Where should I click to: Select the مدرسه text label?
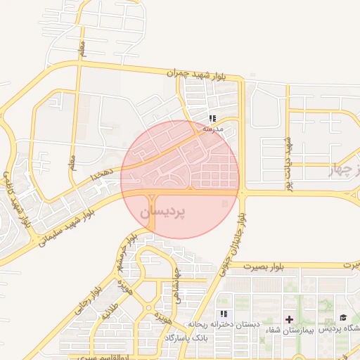click(x=212, y=129)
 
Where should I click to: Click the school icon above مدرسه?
click(x=212, y=118)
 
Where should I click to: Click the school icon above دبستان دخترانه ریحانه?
click(x=224, y=314)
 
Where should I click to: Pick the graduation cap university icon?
click(x=343, y=319)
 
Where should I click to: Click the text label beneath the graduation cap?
click(x=340, y=329)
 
